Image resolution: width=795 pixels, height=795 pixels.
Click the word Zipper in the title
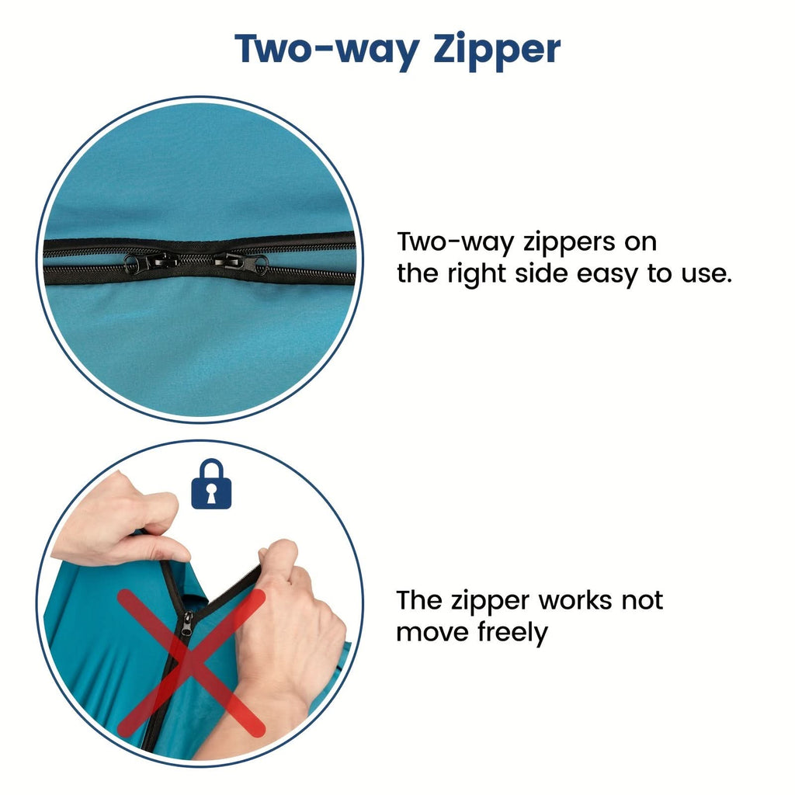coord(497,50)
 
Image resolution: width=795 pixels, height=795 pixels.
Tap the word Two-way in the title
coord(328,50)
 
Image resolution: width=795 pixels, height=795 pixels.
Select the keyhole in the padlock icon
coord(211,494)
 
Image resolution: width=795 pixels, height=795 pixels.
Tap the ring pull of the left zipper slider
coord(131,263)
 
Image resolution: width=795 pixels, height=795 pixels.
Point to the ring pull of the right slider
coord(261,264)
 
